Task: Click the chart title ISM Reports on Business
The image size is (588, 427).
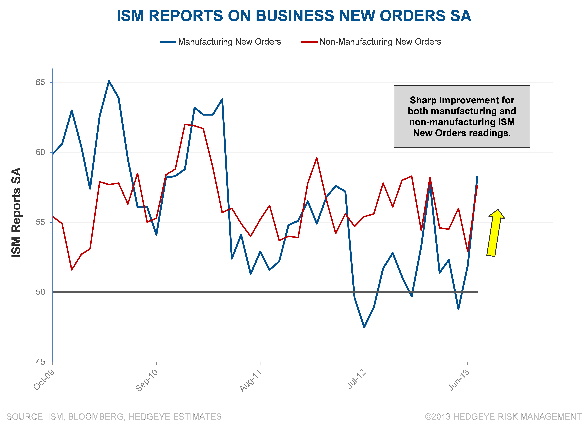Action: click(x=294, y=16)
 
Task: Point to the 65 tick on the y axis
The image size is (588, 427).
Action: click(x=40, y=83)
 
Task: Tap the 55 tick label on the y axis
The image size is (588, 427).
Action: click(x=40, y=222)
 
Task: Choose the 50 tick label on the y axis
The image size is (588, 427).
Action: click(x=40, y=292)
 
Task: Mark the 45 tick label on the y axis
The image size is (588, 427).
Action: click(x=40, y=362)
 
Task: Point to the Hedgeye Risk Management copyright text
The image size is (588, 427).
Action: click(x=503, y=417)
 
